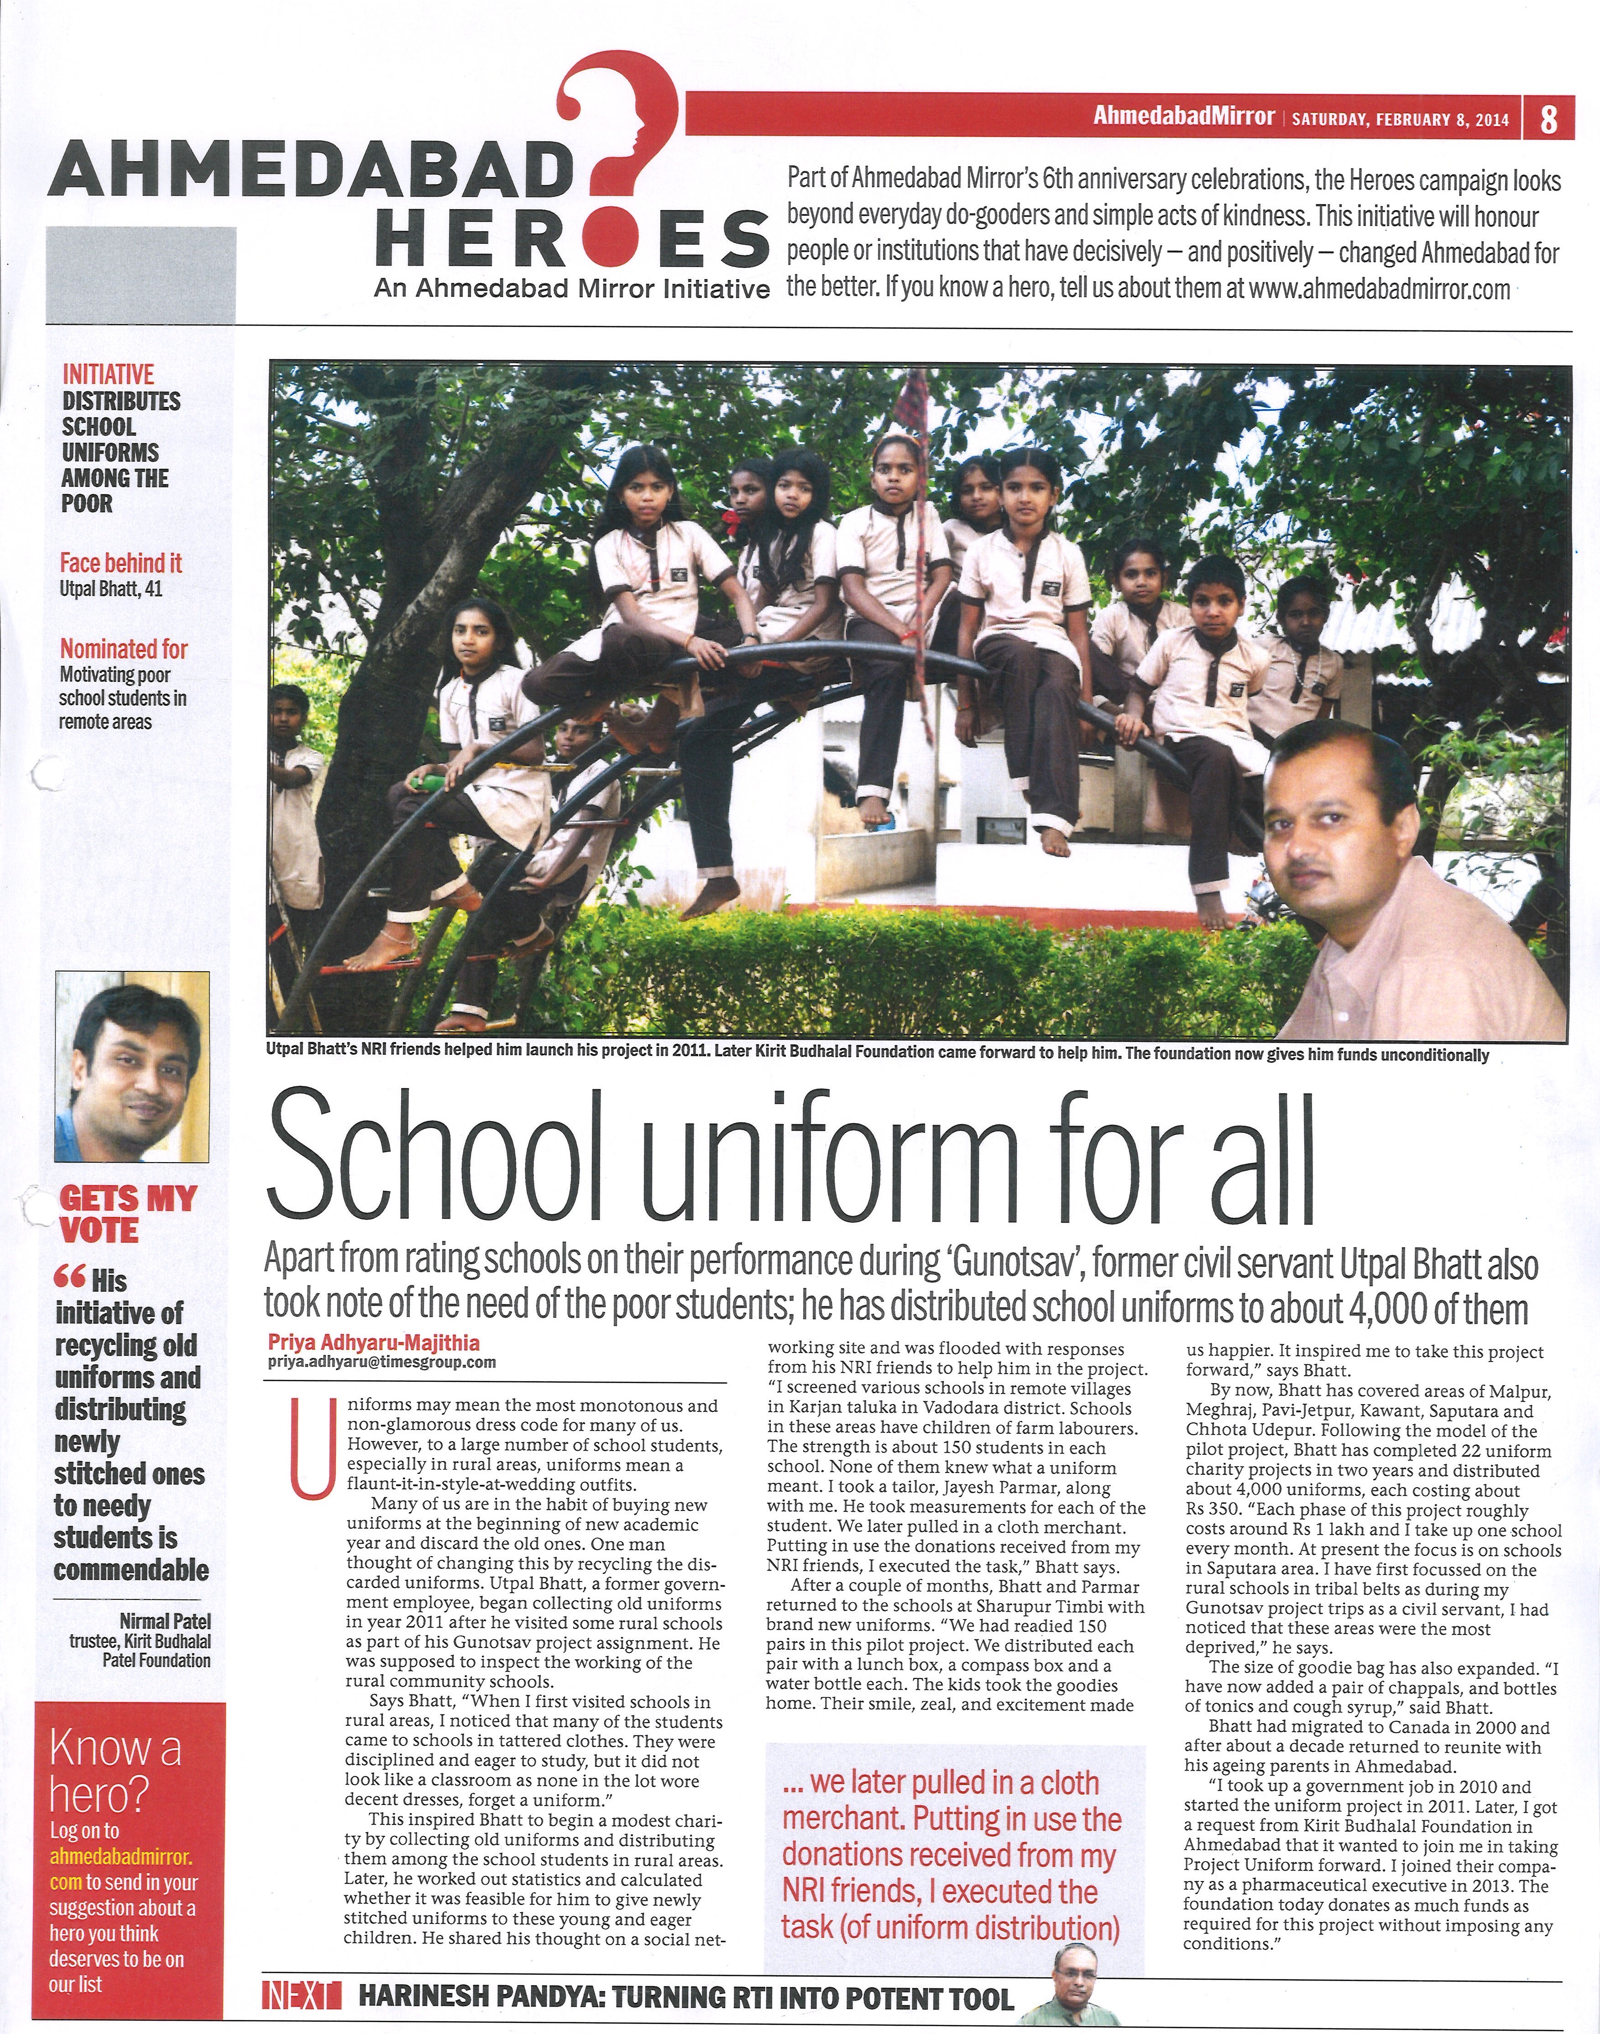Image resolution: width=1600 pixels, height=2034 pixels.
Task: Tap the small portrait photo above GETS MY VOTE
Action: click(x=131, y=1066)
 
